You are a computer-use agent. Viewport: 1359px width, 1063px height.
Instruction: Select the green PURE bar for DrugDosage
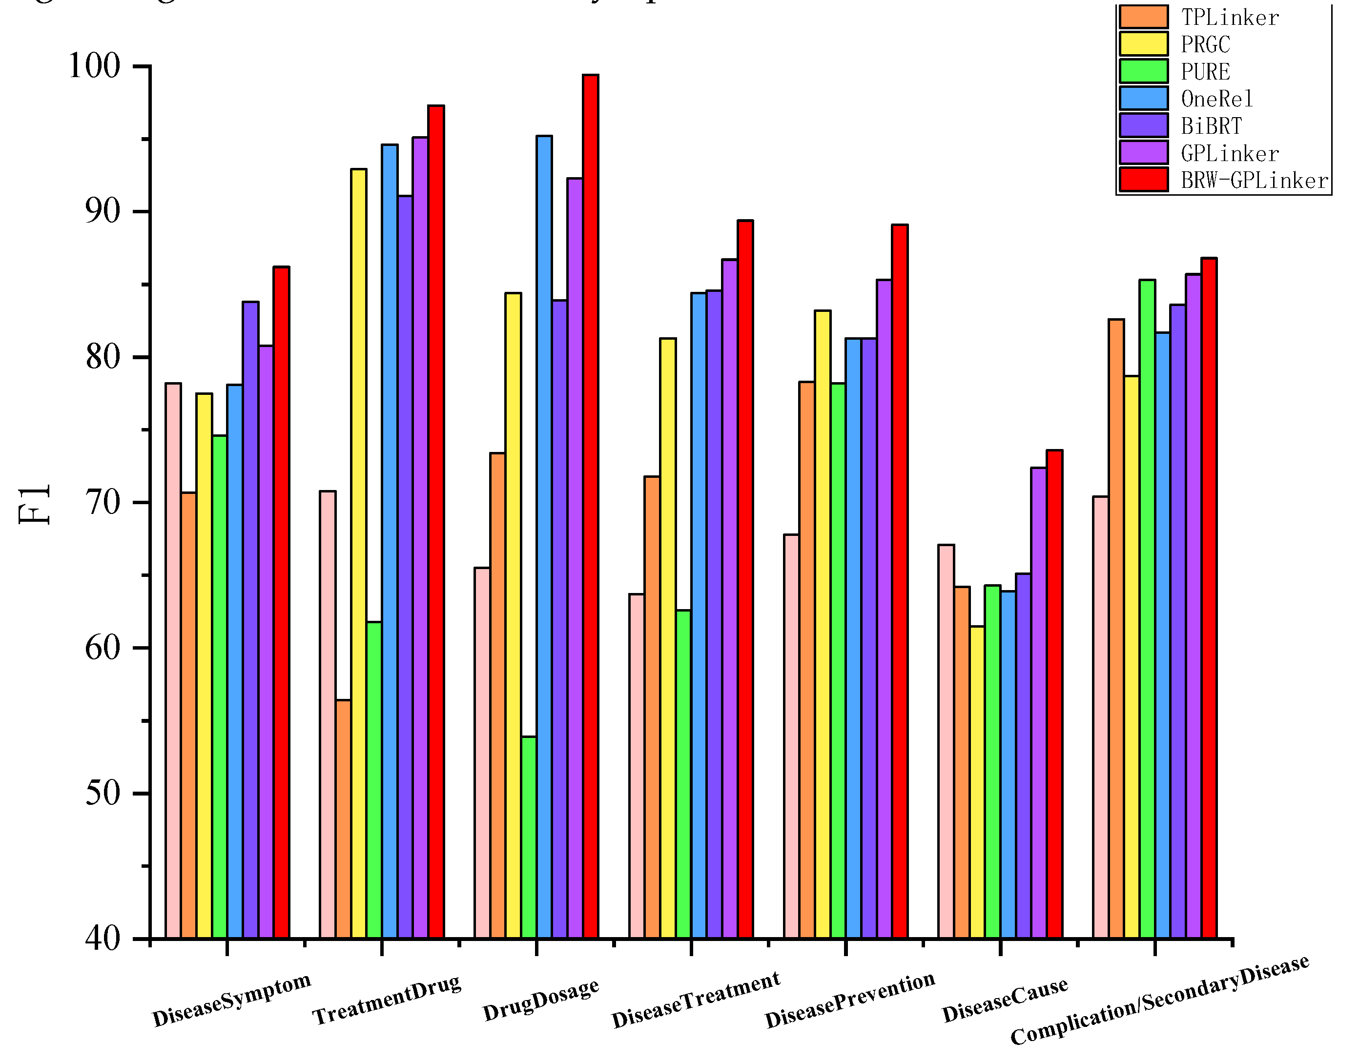tap(529, 837)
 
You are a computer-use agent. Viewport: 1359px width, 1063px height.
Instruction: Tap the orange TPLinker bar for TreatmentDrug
tap(343, 818)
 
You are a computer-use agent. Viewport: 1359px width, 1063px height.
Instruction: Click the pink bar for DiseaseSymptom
tap(173, 660)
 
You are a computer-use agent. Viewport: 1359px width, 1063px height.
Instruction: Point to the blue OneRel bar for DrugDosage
tap(544, 536)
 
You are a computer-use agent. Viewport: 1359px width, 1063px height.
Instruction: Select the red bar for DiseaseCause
tap(1054, 694)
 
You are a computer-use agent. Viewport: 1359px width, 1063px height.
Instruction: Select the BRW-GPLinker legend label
tap(1255, 181)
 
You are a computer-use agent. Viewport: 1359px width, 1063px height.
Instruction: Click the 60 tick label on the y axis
tap(102, 648)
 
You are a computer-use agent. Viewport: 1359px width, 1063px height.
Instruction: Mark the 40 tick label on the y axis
tap(102, 938)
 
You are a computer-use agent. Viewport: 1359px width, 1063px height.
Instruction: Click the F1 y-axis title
tap(34, 504)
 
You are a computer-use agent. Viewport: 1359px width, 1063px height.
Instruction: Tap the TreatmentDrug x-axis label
tap(387, 1000)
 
